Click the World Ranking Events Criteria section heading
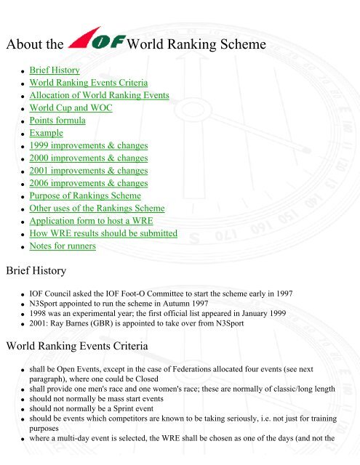[78, 345]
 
